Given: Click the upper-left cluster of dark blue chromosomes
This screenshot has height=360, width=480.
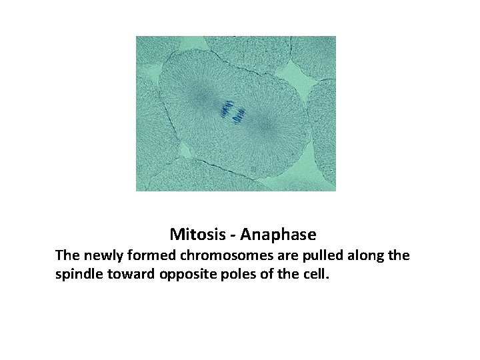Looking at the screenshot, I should coord(227,108).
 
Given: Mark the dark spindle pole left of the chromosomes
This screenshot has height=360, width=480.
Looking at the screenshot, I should coord(200,99).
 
